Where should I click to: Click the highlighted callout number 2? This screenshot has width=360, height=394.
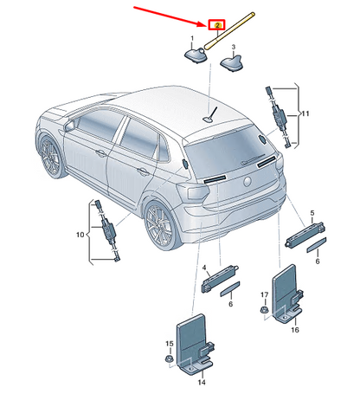click(x=217, y=25)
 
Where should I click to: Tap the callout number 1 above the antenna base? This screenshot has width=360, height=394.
click(x=192, y=38)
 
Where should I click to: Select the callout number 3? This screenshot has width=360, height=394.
click(x=234, y=47)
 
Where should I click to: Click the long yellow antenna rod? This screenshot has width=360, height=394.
click(x=229, y=29)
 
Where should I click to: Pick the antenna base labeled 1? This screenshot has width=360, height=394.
click(x=196, y=55)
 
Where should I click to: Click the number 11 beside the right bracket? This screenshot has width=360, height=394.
click(x=305, y=113)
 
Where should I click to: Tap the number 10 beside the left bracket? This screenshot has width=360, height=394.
click(x=80, y=235)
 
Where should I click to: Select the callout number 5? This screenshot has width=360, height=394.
click(x=312, y=213)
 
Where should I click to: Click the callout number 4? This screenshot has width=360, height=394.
click(x=204, y=268)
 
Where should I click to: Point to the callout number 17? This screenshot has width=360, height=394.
click(x=264, y=294)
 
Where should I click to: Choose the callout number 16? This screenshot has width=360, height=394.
click(x=295, y=330)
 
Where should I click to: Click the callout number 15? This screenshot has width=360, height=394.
click(x=170, y=344)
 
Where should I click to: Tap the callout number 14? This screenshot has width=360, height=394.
click(x=202, y=383)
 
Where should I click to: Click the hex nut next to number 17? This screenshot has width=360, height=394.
click(x=264, y=311)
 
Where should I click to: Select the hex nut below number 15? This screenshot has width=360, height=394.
click(x=169, y=359)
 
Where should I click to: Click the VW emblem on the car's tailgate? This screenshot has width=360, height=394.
click(x=247, y=182)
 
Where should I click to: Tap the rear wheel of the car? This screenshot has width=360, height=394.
click(x=159, y=224)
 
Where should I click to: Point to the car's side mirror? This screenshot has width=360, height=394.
click(x=69, y=126)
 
